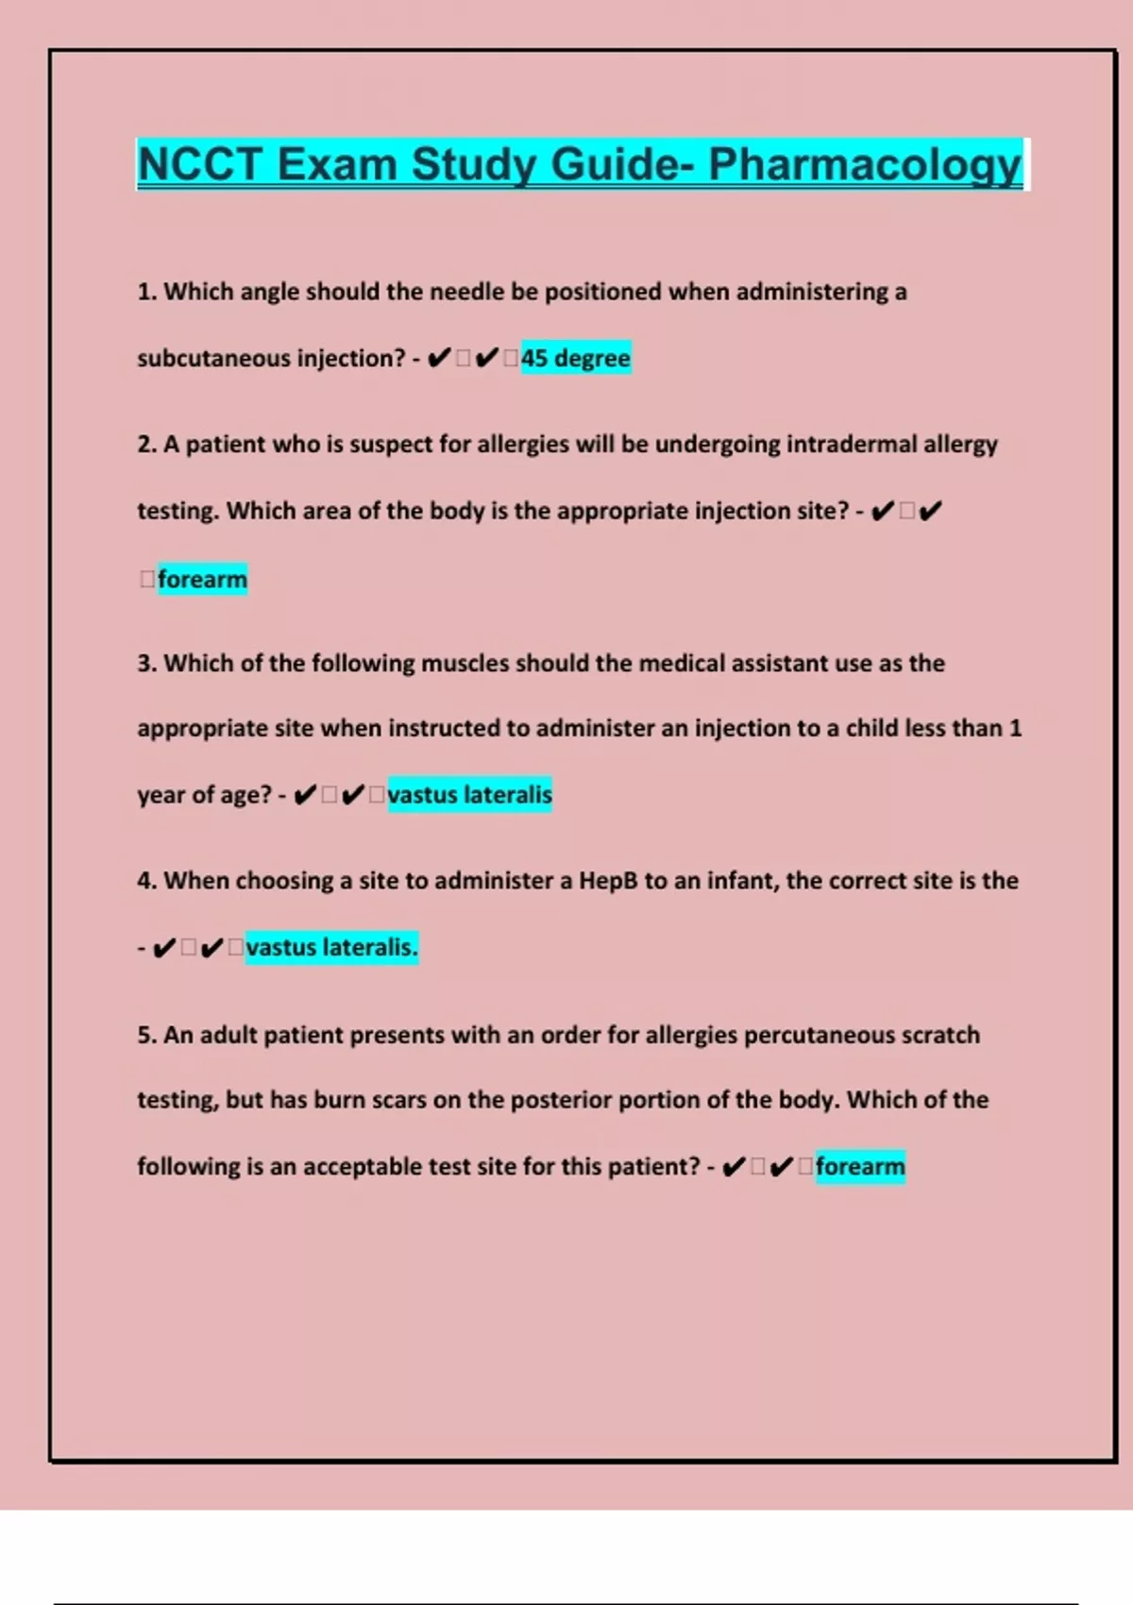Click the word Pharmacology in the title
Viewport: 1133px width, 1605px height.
[865, 164]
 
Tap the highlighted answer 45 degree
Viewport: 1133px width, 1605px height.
[575, 358]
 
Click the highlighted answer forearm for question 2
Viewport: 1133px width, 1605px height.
[202, 579]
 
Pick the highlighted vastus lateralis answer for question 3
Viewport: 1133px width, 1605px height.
[469, 795]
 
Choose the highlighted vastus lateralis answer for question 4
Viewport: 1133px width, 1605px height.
[331, 947]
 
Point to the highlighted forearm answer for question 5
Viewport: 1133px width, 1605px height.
[860, 1167]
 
